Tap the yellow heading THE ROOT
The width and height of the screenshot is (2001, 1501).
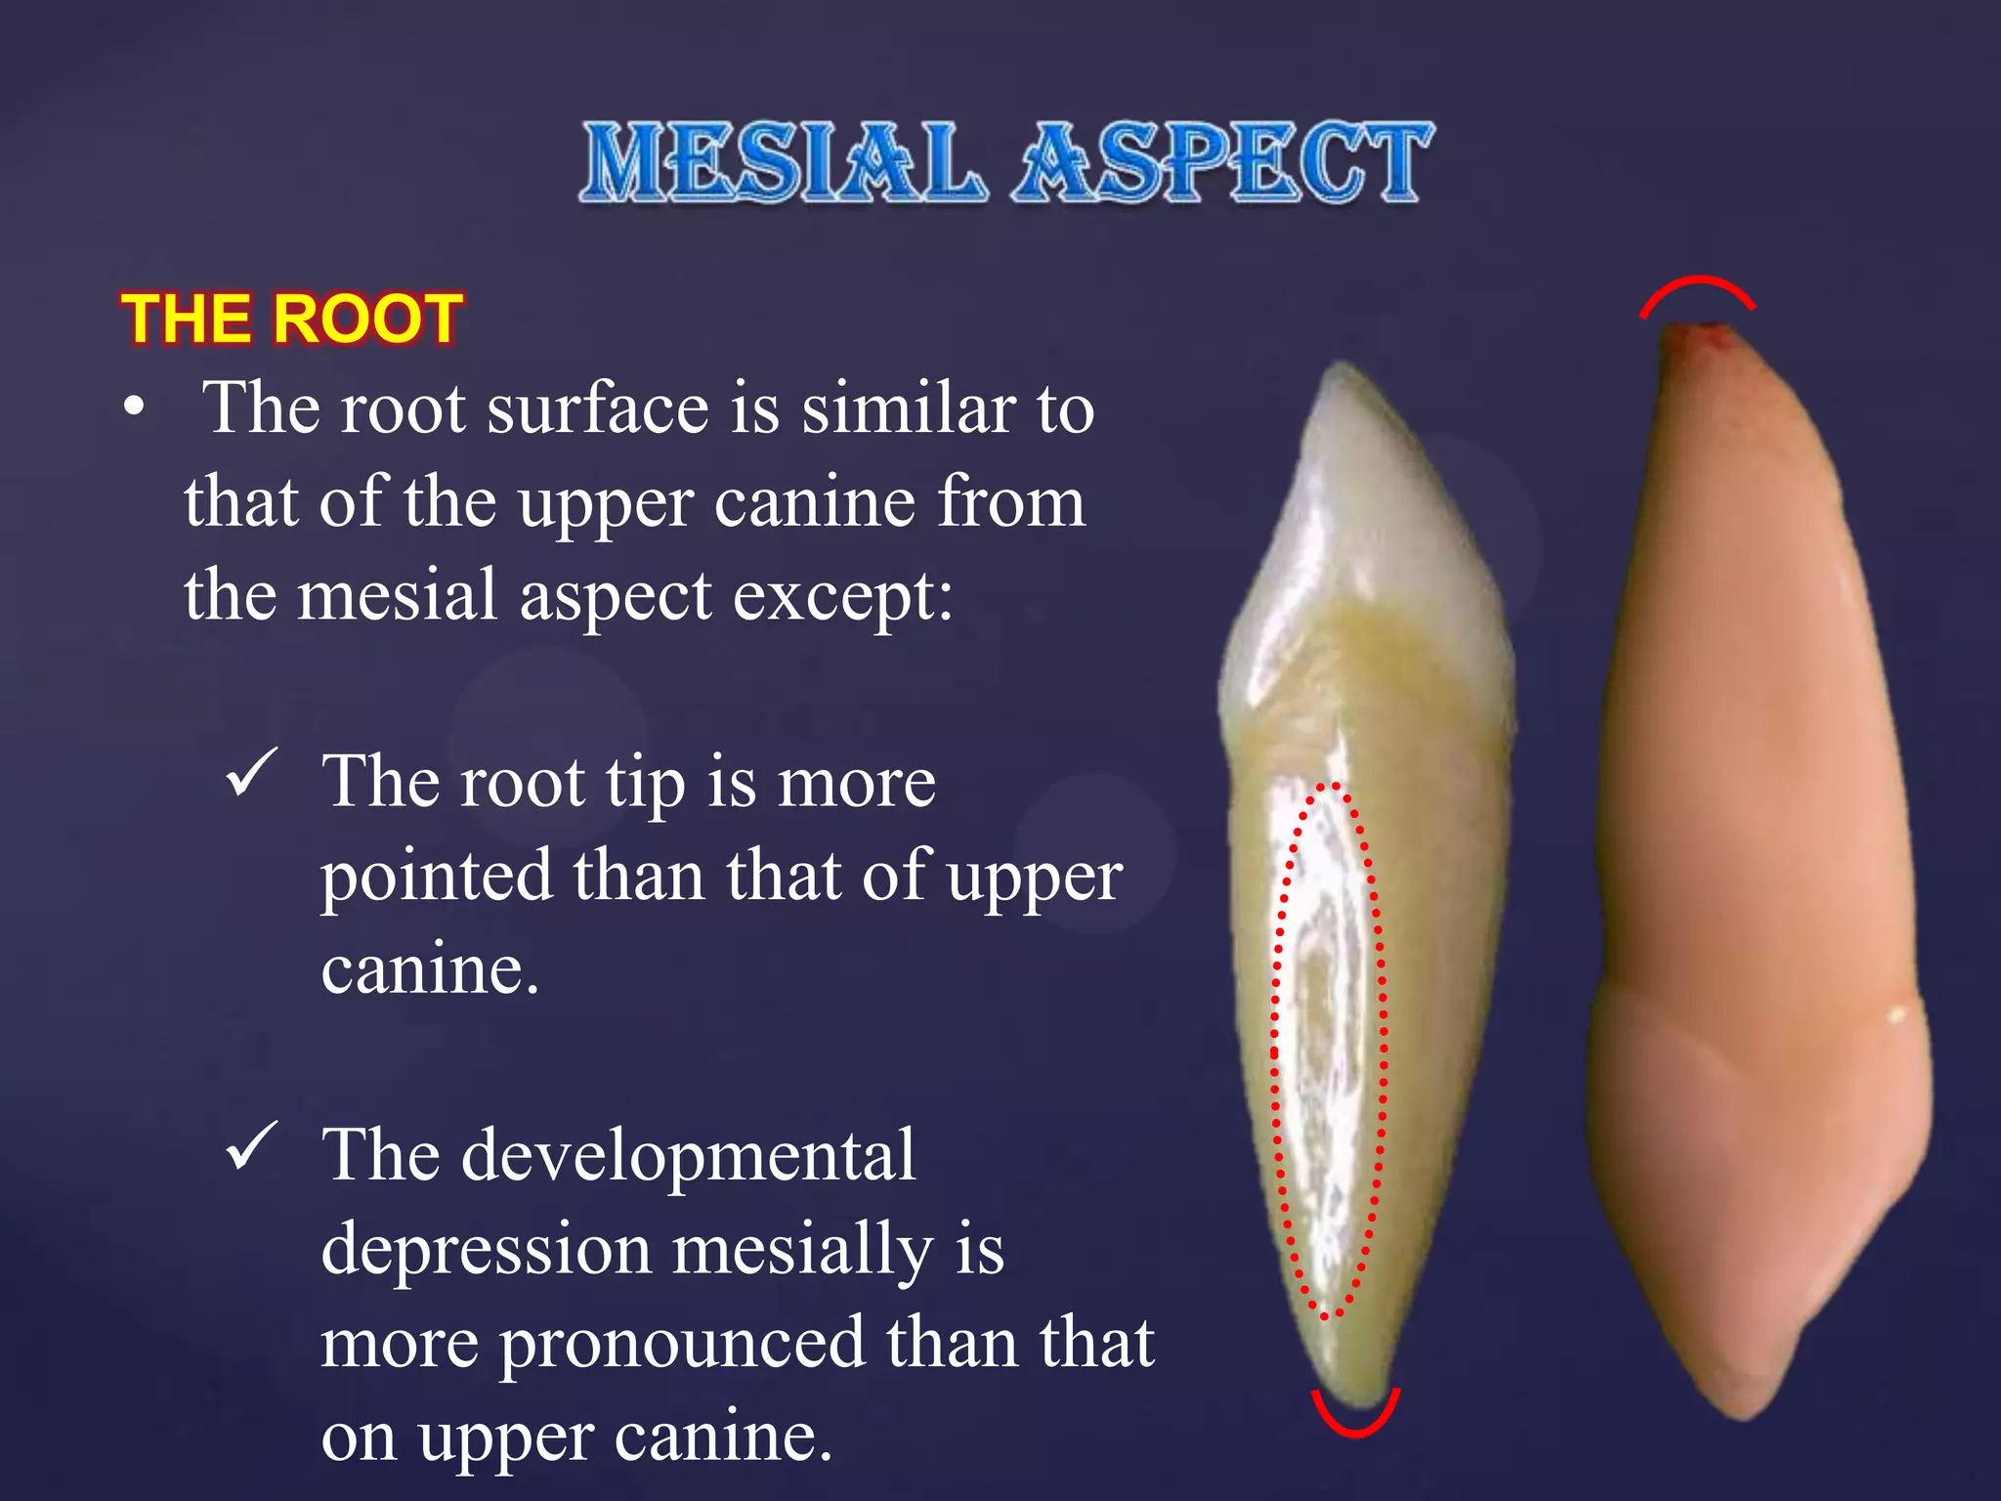[x=291, y=319]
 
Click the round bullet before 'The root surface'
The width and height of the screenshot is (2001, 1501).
[x=135, y=407]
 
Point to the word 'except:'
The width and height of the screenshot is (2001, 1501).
[x=842, y=596]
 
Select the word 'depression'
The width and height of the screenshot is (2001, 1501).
[x=486, y=1250]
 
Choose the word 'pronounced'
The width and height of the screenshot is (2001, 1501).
[x=682, y=1344]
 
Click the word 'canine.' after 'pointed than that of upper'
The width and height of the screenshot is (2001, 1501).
[x=430, y=969]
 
